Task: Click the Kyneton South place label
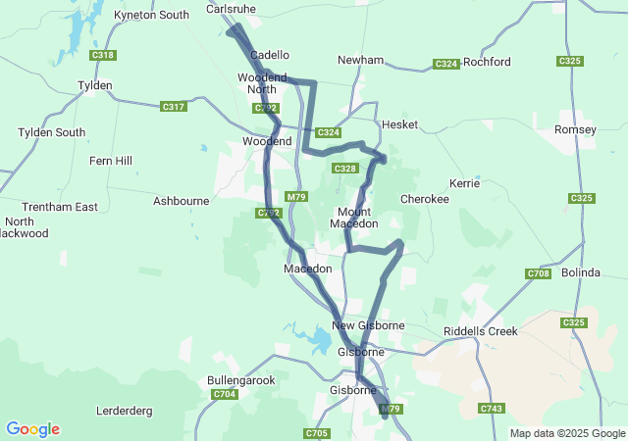(x=151, y=15)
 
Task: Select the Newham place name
(x=360, y=60)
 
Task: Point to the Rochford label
(x=487, y=62)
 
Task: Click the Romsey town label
(x=575, y=129)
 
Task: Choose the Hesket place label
(x=399, y=124)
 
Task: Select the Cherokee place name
(x=425, y=199)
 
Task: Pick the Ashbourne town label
(x=182, y=201)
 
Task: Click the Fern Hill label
(x=110, y=161)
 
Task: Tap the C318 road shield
(x=103, y=56)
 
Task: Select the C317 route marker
(x=174, y=107)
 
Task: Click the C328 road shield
(x=344, y=169)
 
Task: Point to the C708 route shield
(x=538, y=273)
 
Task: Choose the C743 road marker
(x=492, y=408)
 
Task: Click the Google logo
(x=32, y=429)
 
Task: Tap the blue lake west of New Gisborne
(x=320, y=341)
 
